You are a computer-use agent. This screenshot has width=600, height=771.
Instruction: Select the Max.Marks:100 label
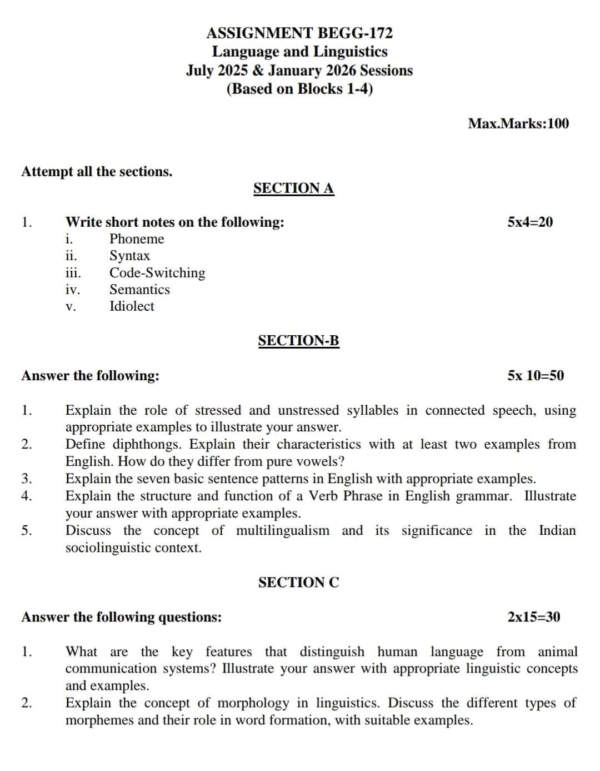pos(518,123)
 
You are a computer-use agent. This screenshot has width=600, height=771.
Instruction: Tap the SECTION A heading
pos(293,188)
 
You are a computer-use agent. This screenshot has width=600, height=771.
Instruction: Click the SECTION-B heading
pos(298,341)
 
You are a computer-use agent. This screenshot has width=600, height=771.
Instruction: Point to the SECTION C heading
pos(298,583)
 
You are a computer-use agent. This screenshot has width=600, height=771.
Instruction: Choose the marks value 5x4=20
pos(530,222)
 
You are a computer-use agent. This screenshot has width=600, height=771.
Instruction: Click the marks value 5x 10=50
pos(535,376)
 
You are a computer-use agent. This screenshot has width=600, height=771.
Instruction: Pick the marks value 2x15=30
pos(533,617)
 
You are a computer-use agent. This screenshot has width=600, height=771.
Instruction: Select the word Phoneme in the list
pos(137,239)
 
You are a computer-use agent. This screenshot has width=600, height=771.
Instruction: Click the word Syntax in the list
pos(129,256)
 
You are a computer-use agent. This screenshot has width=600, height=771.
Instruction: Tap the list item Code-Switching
pos(157,273)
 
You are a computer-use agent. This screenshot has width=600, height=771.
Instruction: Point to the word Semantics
pos(139,290)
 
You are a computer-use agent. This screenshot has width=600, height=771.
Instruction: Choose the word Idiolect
pos(132,306)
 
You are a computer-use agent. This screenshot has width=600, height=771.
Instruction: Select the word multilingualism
pos(283,531)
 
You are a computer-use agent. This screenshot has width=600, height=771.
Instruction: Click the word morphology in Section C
pos(253,703)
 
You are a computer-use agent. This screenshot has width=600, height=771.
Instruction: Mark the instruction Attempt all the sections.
pos(97,172)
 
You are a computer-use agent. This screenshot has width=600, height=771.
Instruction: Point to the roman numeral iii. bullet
pos(73,273)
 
